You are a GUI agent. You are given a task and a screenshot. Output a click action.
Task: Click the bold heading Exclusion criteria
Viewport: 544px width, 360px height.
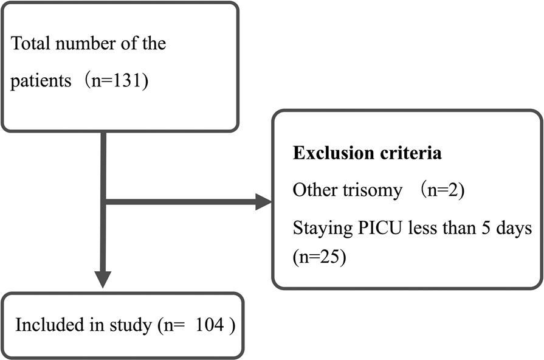(367, 154)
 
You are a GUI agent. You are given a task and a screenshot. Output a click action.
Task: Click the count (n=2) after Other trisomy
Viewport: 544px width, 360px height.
(443, 190)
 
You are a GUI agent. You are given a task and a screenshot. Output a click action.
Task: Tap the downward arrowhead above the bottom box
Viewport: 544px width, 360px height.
(104, 279)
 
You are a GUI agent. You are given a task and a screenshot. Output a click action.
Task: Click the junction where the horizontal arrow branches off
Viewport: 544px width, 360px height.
(104, 202)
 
